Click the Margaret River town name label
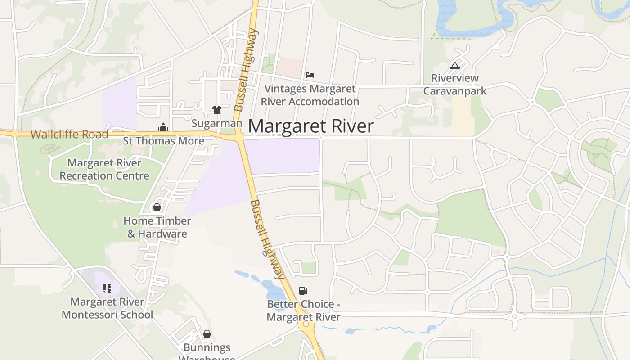pos(310,126)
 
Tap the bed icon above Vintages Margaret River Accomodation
pos(310,75)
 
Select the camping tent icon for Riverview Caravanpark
pos(455,66)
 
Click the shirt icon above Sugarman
pos(217,109)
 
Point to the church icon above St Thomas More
pos(163,128)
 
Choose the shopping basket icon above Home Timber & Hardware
pos(157,207)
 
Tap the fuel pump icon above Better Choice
pos(303,291)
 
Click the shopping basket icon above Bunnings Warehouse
pos(207,334)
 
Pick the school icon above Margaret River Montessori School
pos(107,288)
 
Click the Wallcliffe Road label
pos(69,134)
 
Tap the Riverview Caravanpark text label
pos(455,85)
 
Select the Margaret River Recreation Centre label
pos(104,169)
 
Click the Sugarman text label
pos(217,123)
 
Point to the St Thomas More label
pos(164,141)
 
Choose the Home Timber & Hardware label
pos(157,227)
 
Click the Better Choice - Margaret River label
pos(303,310)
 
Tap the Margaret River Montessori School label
pos(107,308)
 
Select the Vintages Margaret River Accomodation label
pos(310,95)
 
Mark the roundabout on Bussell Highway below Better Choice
pos(306,324)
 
